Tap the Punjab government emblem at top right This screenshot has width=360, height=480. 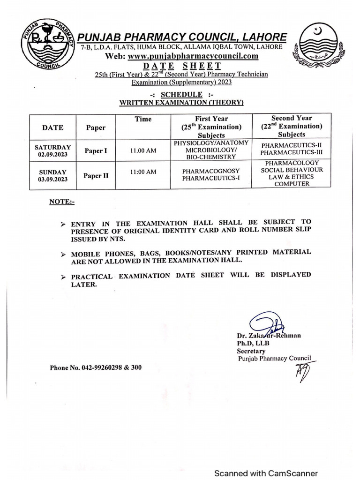coord(315,46)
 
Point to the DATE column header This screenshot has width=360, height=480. coord(52,127)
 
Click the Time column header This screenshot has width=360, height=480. coord(143,119)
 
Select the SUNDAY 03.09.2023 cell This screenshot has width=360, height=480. coord(52,175)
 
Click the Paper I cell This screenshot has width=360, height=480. coord(96,151)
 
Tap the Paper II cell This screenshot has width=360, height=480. coord(96,176)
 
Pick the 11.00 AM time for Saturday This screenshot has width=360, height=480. coord(143,151)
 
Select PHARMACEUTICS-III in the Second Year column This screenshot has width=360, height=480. coord(292,153)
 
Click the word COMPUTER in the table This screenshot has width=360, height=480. coord(292,184)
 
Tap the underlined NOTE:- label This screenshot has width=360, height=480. coord(62,202)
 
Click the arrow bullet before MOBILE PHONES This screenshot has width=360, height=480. coord(63,254)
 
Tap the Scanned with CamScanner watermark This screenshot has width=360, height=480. coord(266,473)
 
